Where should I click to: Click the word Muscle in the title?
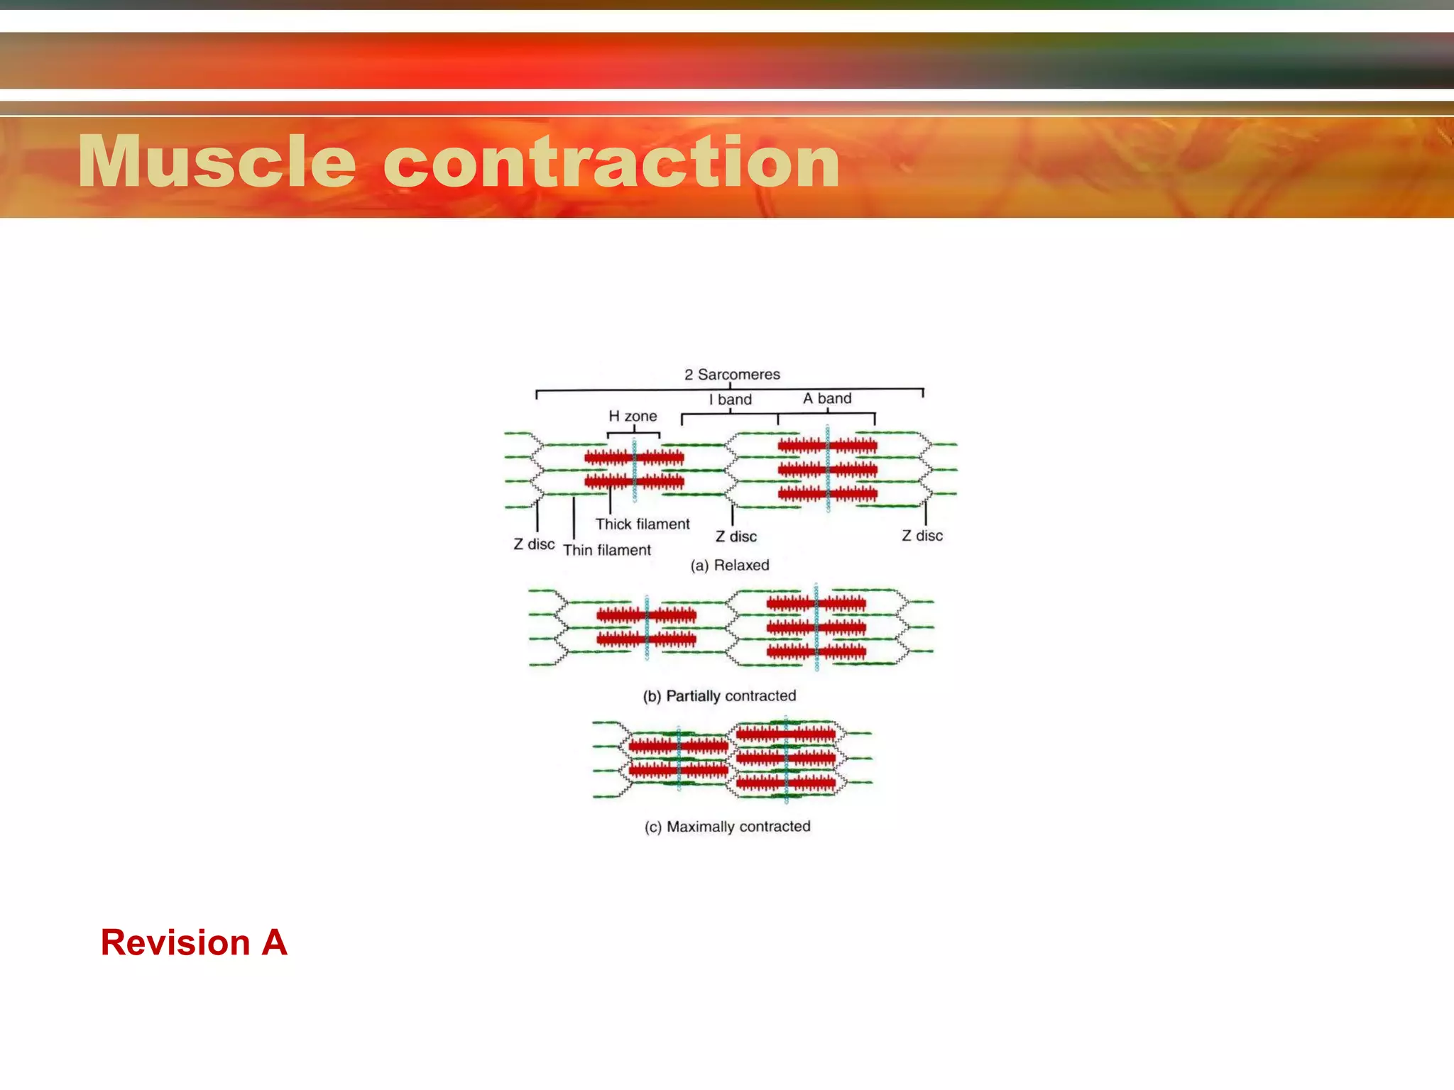tap(217, 163)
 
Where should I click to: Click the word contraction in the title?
tap(611, 163)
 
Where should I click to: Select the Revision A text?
tap(194, 943)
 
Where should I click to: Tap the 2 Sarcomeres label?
tap(732, 374)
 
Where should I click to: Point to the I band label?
tap(731, 400)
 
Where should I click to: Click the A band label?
tap(827, 399)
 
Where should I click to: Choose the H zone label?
tap(633, 416)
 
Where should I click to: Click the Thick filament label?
tap(643, 524)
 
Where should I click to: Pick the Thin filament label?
tap(607, 550)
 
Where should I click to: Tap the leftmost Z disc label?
tap(534, 544)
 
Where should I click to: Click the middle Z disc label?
tap(736, 536)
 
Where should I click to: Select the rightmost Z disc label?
tap(922, 536)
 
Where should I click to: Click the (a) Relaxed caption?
tap(730, 565)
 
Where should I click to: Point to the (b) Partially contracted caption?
tap(719, 695)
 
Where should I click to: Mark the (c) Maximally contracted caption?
tap(727, 827)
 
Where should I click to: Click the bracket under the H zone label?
tap(633, 434)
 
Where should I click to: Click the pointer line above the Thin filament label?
tap(574, 518)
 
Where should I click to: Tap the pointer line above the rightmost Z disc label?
tap(926, 513)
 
